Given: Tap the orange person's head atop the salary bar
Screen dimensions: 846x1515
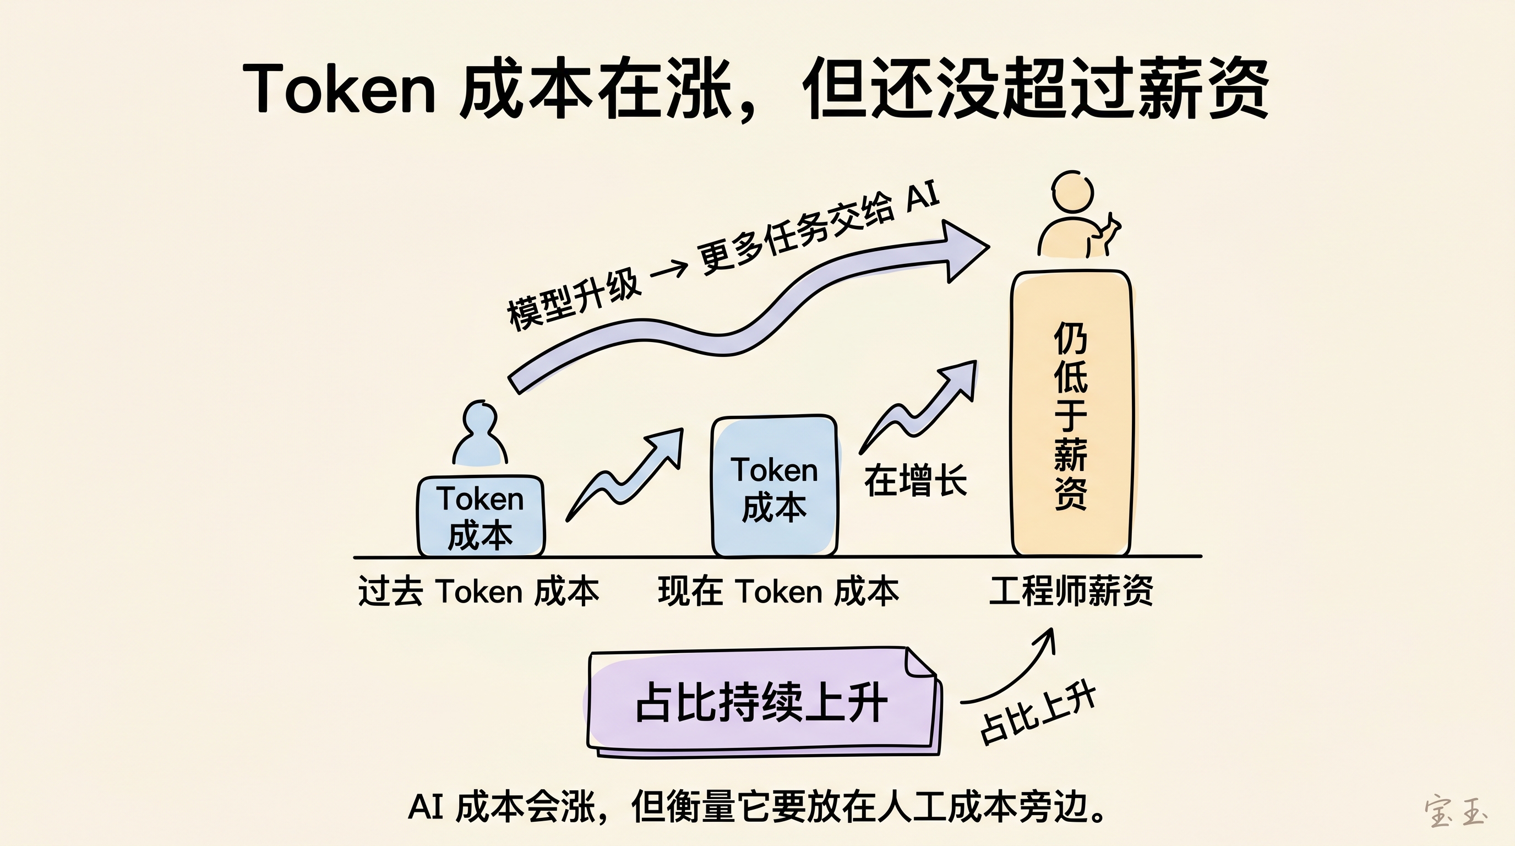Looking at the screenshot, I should pos(1072,192).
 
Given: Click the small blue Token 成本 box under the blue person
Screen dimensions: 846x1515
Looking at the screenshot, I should pos(481,517).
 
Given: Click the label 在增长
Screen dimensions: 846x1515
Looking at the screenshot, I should pos(915,481).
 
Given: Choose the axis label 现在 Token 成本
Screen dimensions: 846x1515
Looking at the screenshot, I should pos(778,590).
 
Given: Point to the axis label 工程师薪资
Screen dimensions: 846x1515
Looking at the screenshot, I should pos(1071,590).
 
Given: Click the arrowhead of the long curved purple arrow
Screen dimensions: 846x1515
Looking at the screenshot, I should pos(964,250).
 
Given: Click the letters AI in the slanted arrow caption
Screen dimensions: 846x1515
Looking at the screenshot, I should pos(922,197).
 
